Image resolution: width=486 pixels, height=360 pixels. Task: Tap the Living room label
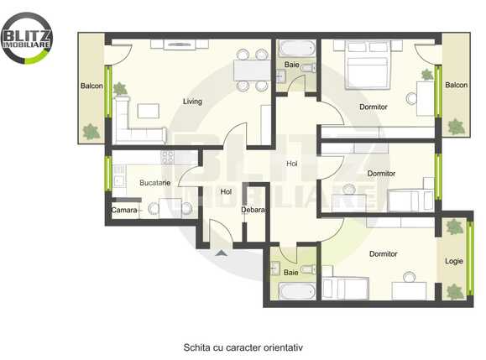pos(193,102)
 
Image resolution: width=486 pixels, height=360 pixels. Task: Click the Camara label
pos(124,209)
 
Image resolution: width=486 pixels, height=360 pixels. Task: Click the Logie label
pos(454,261)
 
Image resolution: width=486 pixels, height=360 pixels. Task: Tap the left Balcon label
pos(91,86)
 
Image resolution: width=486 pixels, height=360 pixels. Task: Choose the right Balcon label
pos(456,86)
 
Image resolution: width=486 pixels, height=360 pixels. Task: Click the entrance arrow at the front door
pos(222,253)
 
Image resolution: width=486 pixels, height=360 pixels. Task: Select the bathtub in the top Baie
pos(295,48)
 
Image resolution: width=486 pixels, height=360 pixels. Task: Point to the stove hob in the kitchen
pos(166,157)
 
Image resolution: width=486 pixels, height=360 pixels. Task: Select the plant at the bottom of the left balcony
pos(90,131)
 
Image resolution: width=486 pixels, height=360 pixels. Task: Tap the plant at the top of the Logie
pos(454,227)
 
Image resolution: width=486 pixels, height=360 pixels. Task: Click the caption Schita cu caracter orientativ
pos(243,346)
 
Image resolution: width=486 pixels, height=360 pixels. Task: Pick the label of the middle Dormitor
pos(381,174)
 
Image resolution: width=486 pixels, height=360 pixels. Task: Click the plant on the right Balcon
pos(456,127)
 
